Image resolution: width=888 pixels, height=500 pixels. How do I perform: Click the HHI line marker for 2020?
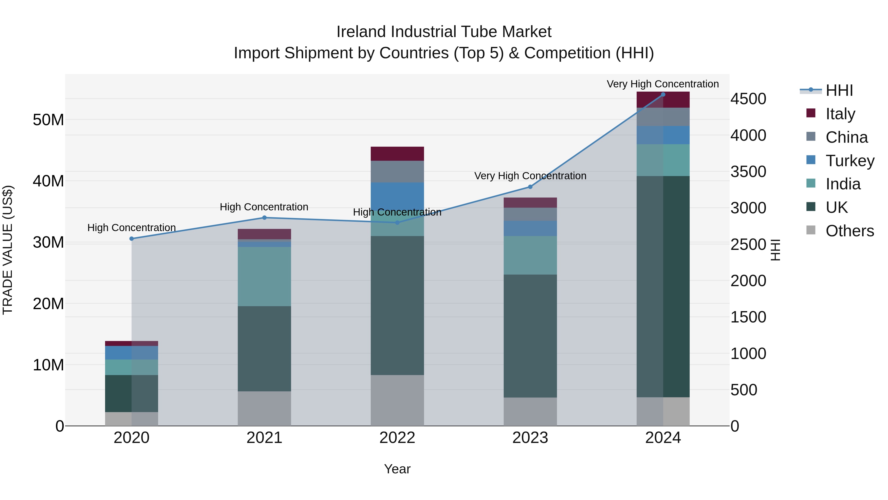(x=131, y=239)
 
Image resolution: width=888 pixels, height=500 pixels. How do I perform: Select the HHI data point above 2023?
(x=530, y=187)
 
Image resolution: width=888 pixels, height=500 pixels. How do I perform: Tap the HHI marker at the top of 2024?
(x=663, y=95)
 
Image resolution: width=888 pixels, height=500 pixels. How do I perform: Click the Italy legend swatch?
(x=811, y=113)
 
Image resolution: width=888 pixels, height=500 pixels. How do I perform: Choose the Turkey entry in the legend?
(x=850, y=160)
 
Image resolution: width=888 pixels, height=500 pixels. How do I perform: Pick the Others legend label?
(x=850, y=231)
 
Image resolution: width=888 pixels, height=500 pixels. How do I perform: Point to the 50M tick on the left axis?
(x=48, y=120)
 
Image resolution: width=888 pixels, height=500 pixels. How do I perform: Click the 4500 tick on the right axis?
(x=748, y=99)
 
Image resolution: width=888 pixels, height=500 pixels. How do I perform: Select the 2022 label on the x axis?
(x=397, y=438)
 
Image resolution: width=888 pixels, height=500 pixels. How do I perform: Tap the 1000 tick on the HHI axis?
(x=748, y=354)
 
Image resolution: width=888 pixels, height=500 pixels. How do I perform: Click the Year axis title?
(x=397, y=469)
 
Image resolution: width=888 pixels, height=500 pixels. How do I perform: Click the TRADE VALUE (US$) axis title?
(x=8, y=250)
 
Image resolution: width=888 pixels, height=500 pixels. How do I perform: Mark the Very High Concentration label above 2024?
(x=663, y=84)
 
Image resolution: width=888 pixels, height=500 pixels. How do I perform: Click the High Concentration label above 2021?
(x=264, y=207)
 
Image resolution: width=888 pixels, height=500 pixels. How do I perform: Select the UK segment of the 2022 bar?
(x=397, y=305)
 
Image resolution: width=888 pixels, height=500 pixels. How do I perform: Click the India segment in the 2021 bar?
(x=264, y=276)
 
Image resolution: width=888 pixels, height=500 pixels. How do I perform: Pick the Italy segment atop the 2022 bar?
(x=397, y=154)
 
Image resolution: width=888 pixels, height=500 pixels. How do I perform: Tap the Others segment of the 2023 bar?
(x=530, y=411)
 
